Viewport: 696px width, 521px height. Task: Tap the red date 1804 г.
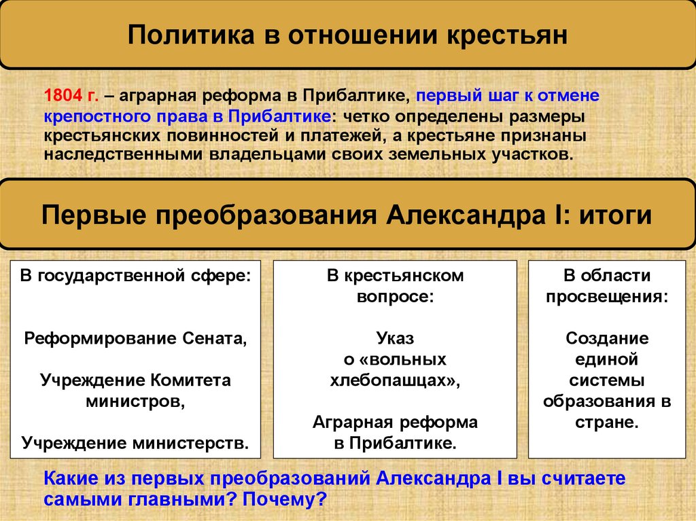point(71,95)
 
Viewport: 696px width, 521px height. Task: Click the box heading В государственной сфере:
point(135,276)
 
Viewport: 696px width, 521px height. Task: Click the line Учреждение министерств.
point(135,444)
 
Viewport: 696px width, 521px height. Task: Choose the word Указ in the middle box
point(395,338)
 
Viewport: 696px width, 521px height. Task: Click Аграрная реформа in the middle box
point(395,423)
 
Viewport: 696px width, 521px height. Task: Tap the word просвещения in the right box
point(606,297)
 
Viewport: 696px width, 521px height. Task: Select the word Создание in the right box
point(607,338)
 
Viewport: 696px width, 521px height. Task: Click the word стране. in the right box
point(607,422)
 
